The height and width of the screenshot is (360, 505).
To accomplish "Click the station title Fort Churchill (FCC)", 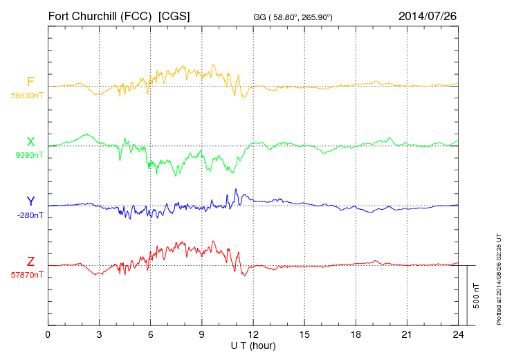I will [100, 15].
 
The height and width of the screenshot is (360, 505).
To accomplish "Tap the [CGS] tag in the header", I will [174, 15].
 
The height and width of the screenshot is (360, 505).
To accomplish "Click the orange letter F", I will [30, 82].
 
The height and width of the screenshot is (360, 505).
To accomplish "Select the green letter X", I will [30, 142].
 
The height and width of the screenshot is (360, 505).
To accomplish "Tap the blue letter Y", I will [30, 201].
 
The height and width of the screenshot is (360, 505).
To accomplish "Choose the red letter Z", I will [30, 261].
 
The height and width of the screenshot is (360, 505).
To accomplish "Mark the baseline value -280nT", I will [30, 215].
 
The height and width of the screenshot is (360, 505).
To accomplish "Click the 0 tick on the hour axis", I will [48, 335].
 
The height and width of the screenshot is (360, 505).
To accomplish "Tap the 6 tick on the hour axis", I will [150, 335].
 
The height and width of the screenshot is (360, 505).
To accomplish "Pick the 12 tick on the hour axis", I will [253, 335].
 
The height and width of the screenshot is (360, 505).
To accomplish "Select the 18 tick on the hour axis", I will [356, 335].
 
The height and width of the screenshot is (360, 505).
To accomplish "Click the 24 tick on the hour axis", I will [458, 335].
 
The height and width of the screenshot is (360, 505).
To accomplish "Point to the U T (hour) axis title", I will [252, 345].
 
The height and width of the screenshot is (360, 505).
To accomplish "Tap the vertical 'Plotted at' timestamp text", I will [498, 278].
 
